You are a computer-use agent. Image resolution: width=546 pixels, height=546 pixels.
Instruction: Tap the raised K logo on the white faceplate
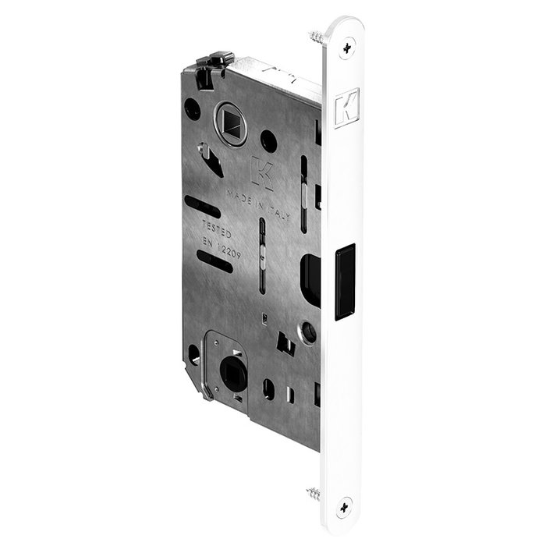344,109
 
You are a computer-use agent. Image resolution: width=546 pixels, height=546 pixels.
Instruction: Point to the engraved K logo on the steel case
262,172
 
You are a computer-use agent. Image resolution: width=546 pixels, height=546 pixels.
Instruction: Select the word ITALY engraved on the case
278,214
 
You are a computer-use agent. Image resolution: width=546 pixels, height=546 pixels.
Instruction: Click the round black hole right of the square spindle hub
268,141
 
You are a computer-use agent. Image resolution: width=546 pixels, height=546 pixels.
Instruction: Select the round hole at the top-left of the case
193,110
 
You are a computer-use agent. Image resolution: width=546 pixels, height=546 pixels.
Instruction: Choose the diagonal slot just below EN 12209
215,264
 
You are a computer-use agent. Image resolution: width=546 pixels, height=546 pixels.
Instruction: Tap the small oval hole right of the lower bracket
268,388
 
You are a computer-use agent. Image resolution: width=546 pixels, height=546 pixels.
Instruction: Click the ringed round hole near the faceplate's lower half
310,334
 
